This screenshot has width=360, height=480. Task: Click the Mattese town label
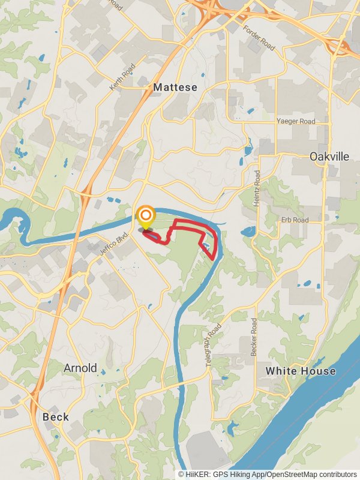coord(175,87)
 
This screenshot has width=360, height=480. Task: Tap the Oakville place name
coord(329,156)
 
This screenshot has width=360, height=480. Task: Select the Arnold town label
coord(80,368)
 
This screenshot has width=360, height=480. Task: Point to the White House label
coord(301,371)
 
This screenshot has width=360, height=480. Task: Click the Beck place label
coord(56,416)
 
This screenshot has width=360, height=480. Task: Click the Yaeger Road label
coord(295,121)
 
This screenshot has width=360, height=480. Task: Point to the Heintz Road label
coord(257,188)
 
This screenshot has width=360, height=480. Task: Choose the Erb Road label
coord(295,220)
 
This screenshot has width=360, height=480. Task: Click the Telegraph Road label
coord(213,346)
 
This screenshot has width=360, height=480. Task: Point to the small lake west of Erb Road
coord(248,231)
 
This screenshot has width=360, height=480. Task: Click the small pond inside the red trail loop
coord(206,245)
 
